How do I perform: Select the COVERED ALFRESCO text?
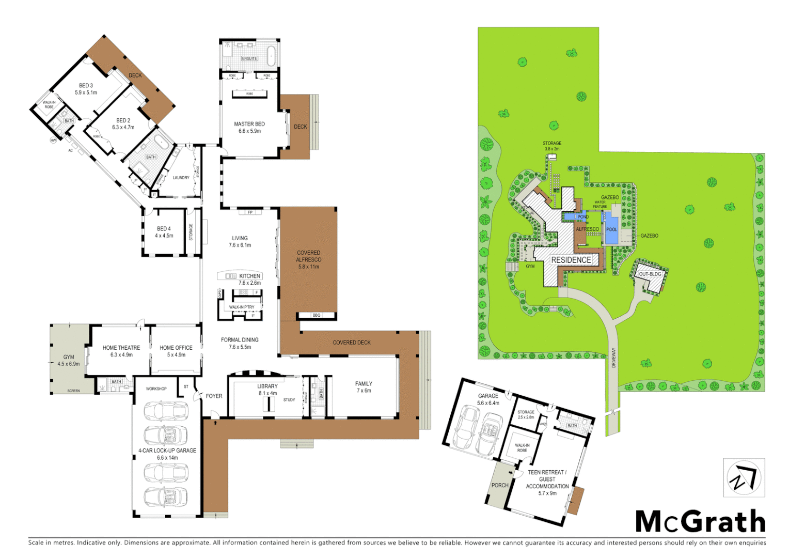click(309, 260)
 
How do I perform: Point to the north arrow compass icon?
click(744, 477)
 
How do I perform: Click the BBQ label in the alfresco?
click(317, 315)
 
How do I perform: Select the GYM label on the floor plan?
click(69, 357)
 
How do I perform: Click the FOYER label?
click(214, 396)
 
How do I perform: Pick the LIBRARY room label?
click(267, 386)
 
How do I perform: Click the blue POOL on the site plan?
click(611, 229)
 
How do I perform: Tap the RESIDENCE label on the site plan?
click(571, 260)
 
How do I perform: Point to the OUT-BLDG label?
click(650, 274)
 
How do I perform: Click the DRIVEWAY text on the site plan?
click(614, 358)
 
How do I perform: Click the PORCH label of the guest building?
click(499, 485)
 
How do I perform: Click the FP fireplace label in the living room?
click(250, 212)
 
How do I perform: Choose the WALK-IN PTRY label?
click(242, 307)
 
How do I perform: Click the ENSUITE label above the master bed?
click(249, 58)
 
